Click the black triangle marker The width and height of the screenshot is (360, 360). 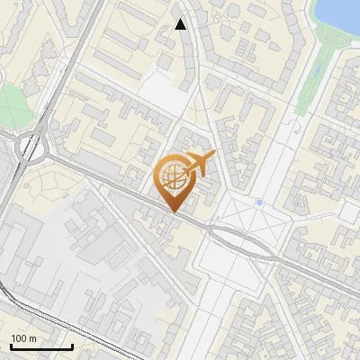coord(180,24)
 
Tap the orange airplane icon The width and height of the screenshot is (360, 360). coord(199,164)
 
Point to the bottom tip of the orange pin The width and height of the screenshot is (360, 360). coord(172,212)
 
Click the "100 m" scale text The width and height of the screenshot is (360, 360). coord(24,338)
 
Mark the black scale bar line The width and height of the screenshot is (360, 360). coord(41,346)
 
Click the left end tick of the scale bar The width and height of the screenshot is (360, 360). coord(11,345)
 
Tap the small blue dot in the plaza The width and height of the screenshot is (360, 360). coord(259,202)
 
